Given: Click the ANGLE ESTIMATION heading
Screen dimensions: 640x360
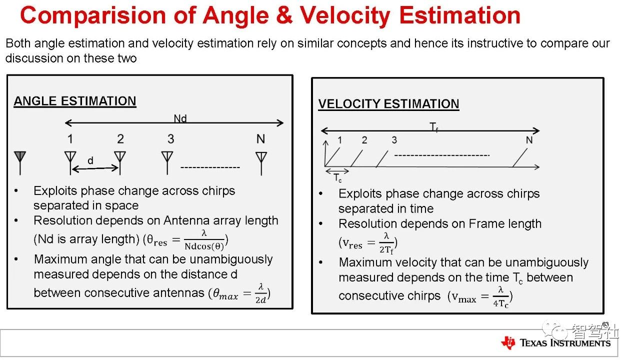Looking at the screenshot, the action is point(75,101).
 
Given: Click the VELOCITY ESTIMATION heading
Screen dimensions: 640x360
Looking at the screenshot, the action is point(388,103).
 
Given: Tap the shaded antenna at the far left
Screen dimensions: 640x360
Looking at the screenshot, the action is point(20,163).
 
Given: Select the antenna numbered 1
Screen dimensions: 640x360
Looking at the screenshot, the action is point(70,163).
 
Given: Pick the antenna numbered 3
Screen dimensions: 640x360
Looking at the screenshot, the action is point(167,163).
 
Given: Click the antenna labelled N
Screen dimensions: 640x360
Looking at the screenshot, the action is point(261,163).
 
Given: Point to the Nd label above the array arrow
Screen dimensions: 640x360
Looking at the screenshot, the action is point(180,118).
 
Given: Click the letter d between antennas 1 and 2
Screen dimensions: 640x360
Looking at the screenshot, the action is point(90,160).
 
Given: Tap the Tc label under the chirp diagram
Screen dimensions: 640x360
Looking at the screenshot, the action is point(337,178).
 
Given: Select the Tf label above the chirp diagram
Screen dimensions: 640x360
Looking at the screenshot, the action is point(433,127).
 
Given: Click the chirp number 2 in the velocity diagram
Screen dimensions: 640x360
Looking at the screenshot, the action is point(364,140).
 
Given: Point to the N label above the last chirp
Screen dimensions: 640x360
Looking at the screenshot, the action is point(529,140).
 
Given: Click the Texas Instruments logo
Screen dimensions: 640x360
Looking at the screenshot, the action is point(555,342).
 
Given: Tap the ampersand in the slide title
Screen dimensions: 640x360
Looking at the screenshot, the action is point(284,15).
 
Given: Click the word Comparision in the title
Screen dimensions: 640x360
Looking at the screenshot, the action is point(93,16).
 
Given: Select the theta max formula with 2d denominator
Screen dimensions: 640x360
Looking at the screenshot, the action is point(239,293).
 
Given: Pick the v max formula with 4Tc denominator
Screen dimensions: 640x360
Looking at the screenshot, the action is point(480,297).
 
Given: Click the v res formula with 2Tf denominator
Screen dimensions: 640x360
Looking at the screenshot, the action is point(368,243).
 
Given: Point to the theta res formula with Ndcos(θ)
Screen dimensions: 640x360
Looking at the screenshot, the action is point(185,240).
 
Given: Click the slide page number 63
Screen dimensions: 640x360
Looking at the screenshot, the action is point(605,324).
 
